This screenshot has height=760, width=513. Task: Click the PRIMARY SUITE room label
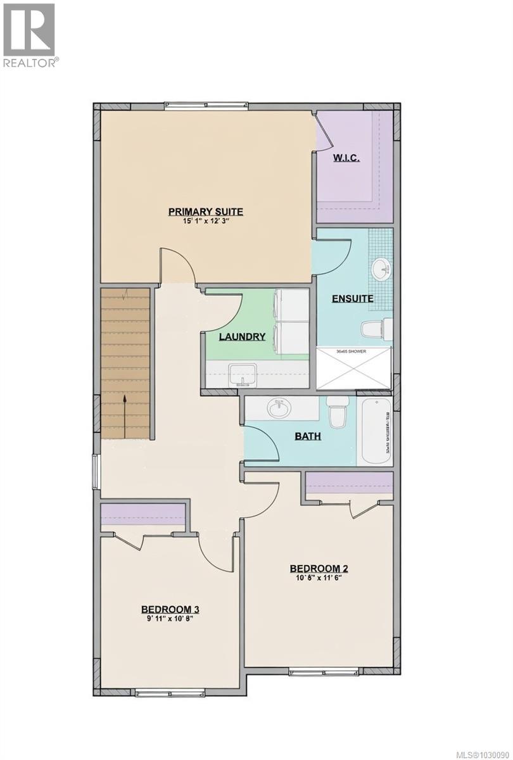point(205,212)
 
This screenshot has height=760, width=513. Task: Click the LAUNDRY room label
point(242,336)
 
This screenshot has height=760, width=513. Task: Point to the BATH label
point(307,436)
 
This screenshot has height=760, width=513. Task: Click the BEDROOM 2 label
point(319,568)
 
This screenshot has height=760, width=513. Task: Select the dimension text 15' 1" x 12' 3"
point(205,222)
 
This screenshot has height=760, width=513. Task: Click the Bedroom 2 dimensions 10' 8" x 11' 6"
point(319,578)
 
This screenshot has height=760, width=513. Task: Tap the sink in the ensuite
point(382,269)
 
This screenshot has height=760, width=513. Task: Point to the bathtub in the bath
point(375,430)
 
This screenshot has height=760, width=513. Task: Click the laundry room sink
point(243,373)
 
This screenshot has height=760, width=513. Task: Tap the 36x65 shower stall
point(353,367)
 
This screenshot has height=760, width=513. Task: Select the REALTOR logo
point(29,34)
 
